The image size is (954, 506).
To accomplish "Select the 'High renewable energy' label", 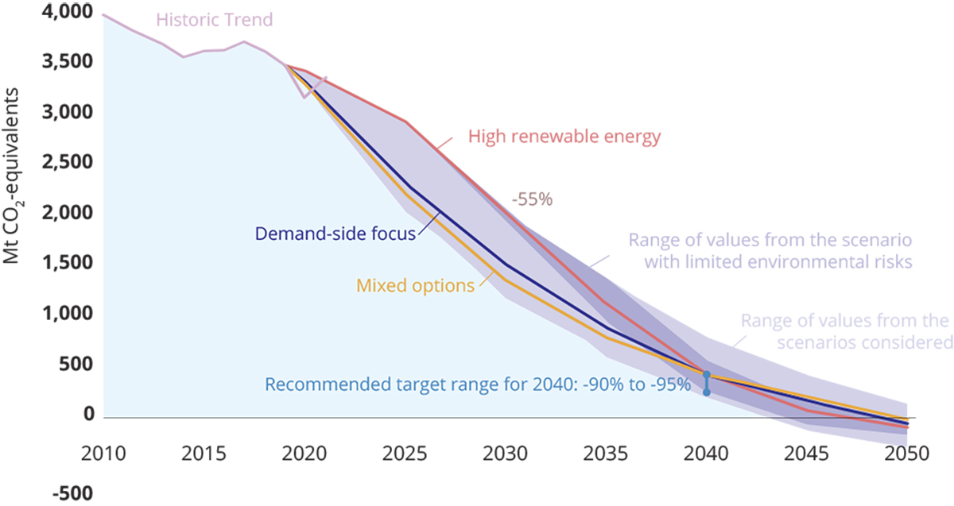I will [x=564, y=137].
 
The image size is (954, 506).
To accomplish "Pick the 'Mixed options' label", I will [x=415, y=284].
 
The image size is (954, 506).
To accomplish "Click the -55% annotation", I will [x=531, y=200].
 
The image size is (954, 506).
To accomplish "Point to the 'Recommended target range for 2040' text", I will [x=478, y=384].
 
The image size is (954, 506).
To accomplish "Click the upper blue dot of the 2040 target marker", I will [x=706, y=374].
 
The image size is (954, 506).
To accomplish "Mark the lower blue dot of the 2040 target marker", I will [x=706, y=392].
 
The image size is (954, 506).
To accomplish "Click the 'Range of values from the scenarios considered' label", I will [x=845, y=332].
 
